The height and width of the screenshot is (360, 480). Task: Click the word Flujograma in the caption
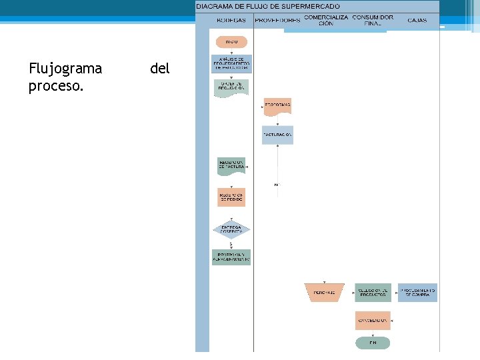tap(65, 68)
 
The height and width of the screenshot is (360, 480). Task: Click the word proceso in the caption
tap(56, 87)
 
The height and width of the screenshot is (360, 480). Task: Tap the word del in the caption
tap(160, 68)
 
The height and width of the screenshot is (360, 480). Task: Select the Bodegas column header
tap(231, 21)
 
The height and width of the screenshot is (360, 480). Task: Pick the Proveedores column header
tap(277, 21)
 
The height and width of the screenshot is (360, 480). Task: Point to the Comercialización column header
tap(326, 20)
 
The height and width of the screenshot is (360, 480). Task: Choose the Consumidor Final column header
tap(373, 20)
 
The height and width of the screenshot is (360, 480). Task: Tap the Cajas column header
tap(417, 21)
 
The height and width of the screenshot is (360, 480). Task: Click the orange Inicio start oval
tap(231, 41)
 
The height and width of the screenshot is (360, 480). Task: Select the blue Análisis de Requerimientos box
tap(231, 64)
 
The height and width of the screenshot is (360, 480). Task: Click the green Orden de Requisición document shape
tap(231, 87)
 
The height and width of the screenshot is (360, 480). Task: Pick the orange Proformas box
tap(277, 106)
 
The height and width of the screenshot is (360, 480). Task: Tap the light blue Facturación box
tap(277, 135)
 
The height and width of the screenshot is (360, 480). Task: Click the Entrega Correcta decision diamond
tap(231, 229)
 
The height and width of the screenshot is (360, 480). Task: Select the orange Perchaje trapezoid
tap(324, 292)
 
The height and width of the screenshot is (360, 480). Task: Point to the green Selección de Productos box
tap(373, 292)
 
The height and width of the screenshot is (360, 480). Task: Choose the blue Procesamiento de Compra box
tap(418, 292)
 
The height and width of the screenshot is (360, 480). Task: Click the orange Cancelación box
tap(373, 320)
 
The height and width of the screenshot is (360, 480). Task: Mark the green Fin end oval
tap(373, 343)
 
